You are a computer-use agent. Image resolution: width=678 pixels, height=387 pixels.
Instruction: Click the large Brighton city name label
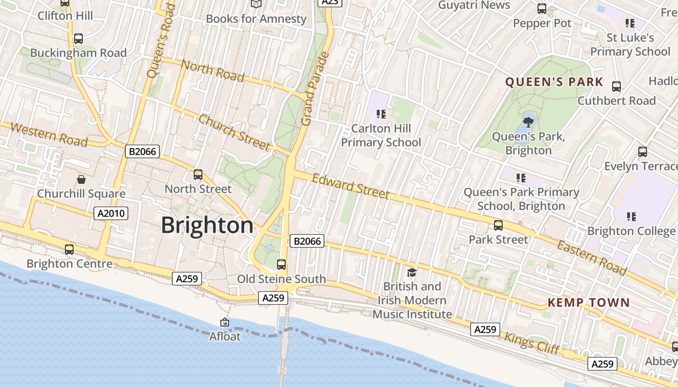click(x=207, y=225)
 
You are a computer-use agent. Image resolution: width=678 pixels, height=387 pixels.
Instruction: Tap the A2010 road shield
click(x=111, y=213)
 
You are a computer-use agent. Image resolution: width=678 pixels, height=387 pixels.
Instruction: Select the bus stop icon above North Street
click(x=198, y=175)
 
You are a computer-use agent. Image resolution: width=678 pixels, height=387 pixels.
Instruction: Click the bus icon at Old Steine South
click(x=281, y=265)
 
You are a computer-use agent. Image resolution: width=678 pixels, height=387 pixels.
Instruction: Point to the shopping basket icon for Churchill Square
click(x=81, y=179)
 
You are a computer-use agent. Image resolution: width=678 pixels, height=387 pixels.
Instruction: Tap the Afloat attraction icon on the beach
click(x=225, y=322)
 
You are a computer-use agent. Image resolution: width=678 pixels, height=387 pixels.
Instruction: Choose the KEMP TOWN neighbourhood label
click(x=588, y=303)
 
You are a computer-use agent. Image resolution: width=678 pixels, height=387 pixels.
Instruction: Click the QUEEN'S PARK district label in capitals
click(x=554, y=82)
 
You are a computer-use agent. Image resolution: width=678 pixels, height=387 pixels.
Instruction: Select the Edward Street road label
click(x=350, y=186)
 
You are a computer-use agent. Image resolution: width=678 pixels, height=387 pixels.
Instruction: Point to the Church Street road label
click(x=234, y=132)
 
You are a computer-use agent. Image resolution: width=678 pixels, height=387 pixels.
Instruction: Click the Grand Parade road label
click(x=315, y=89)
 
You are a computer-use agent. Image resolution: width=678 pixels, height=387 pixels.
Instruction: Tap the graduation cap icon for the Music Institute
click(x=412, y=273)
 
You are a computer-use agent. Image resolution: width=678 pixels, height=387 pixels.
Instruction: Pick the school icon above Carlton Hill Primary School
click(x=381, y=114)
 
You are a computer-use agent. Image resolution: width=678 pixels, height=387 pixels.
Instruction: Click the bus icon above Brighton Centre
click(x=69, y=250)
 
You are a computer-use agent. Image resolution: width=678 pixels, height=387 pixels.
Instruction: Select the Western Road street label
click(x=48, y=134)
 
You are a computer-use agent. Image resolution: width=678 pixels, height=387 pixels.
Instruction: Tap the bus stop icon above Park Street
click(x=498, y=225)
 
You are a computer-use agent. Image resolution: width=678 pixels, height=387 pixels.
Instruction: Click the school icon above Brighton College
click(x=631, y=216)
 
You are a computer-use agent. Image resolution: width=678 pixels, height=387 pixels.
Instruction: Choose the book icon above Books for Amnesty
click(x=256, y=4)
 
